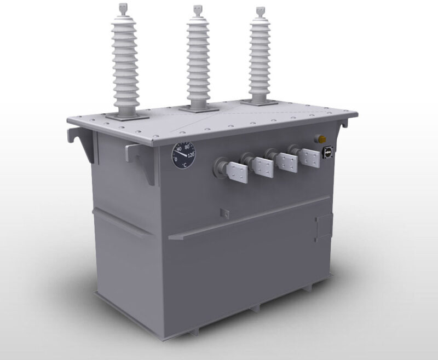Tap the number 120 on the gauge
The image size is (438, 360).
191,155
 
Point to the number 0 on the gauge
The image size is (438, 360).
176,160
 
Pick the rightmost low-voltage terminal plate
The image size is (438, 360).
309,158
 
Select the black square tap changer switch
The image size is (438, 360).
327,151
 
